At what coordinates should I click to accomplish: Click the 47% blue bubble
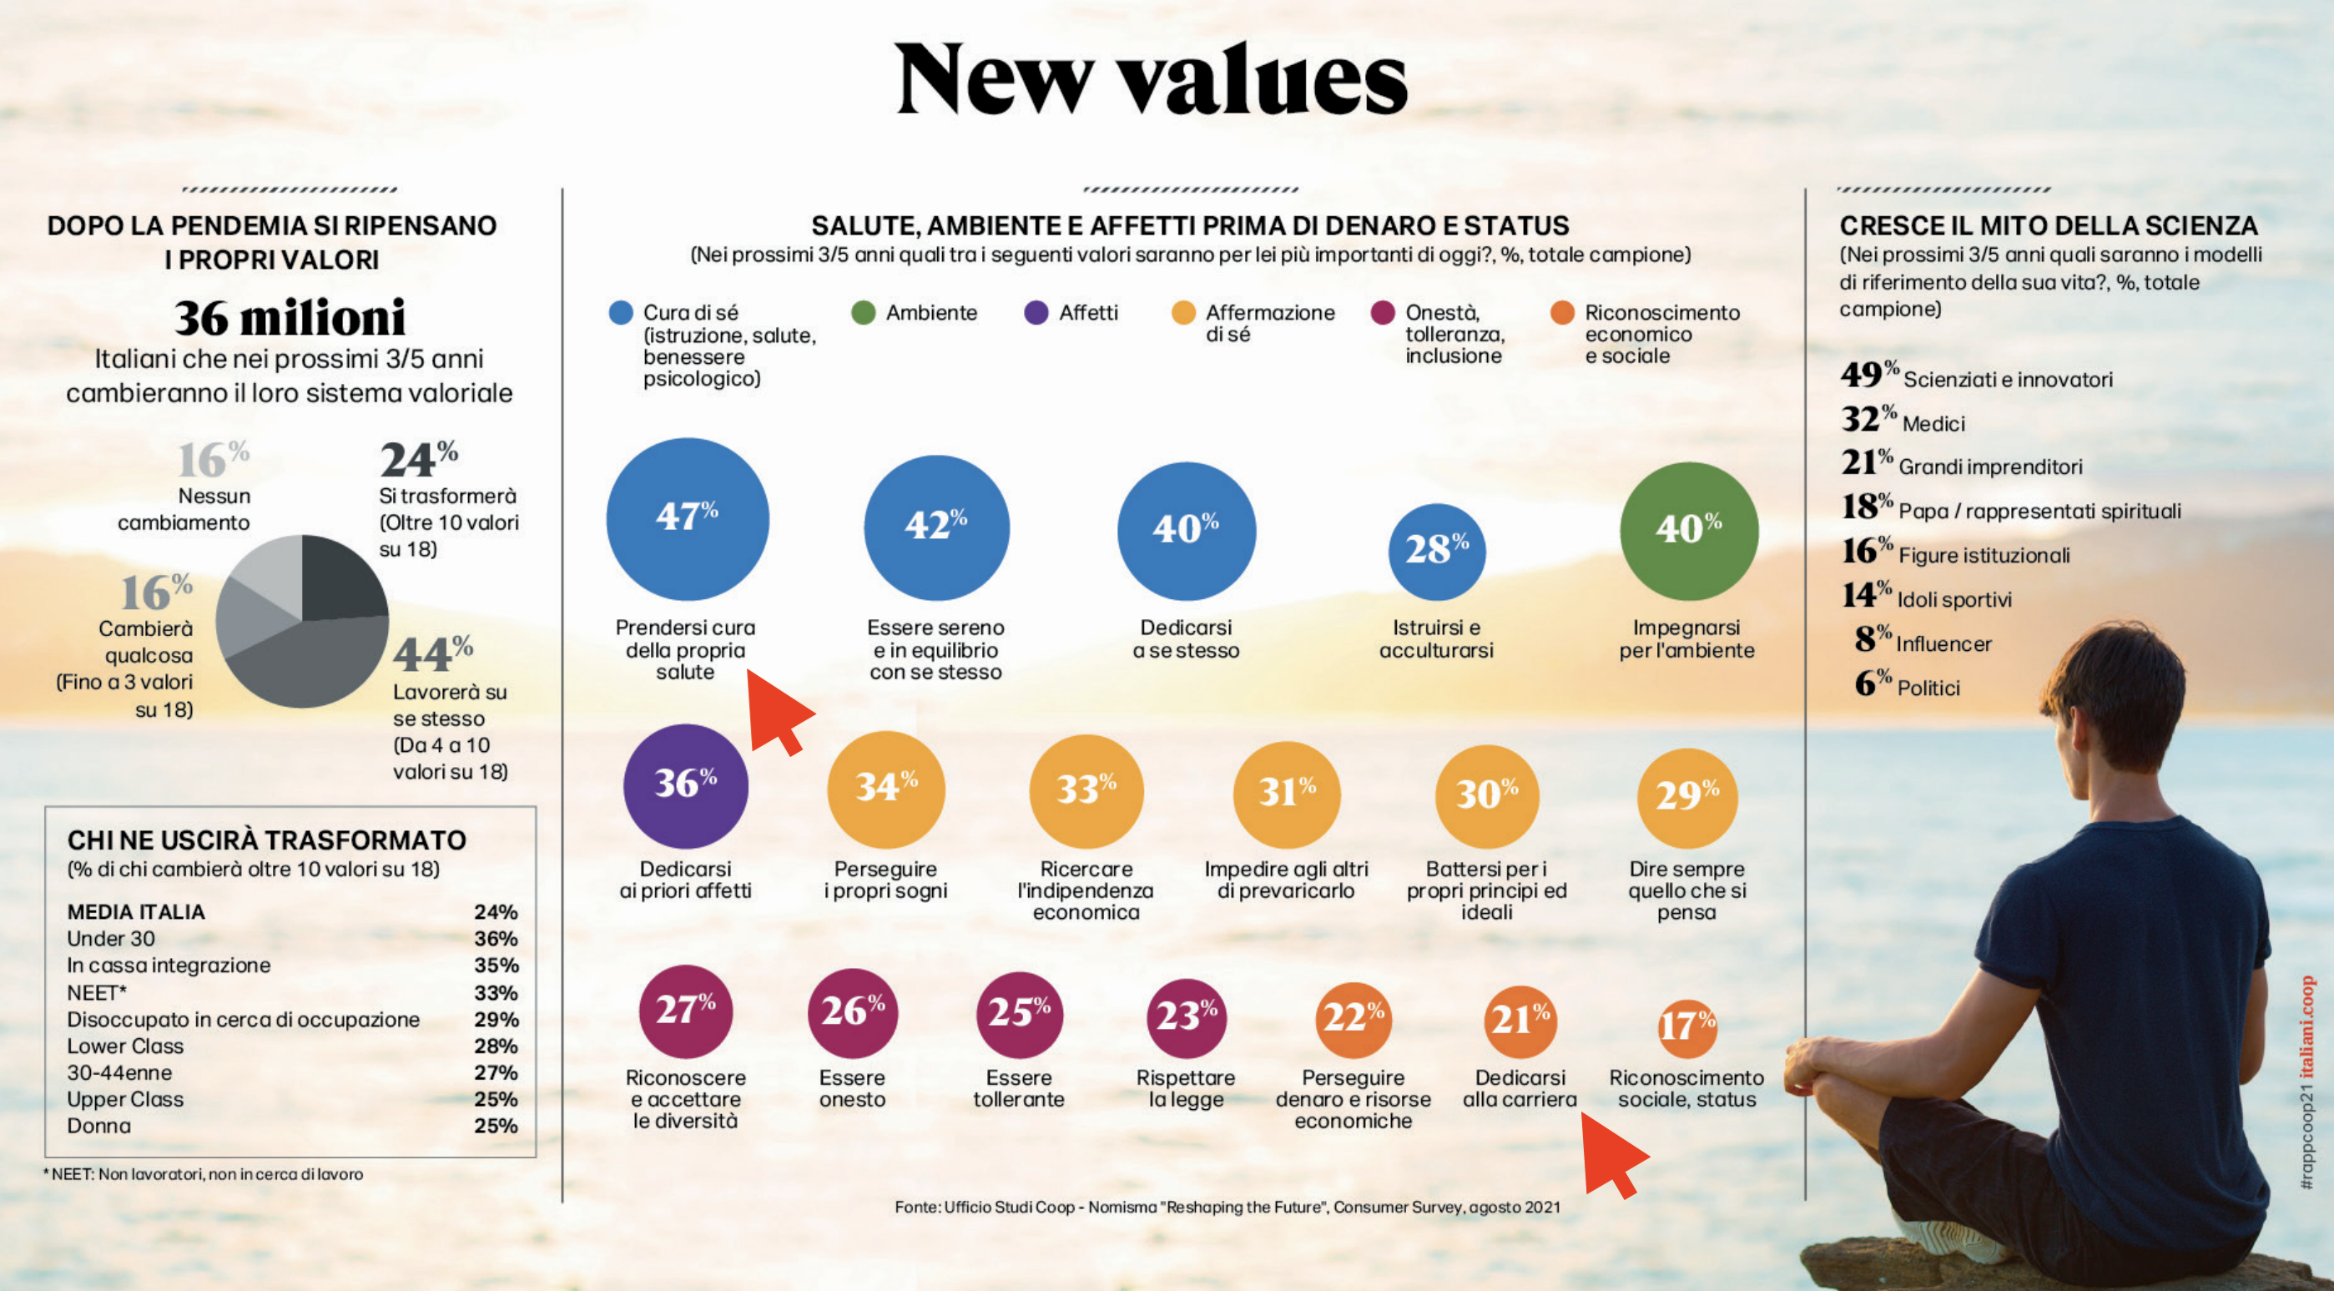(687, 518)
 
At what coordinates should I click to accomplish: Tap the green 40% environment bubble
(1688, 531)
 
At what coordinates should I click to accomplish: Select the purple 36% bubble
(685, 785)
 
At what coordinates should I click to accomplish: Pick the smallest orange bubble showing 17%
(1686, 1027)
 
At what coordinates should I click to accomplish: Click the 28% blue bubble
(1436, 551)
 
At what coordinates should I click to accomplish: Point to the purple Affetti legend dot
(1036, 313)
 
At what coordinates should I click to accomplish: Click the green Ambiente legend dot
(863, 313)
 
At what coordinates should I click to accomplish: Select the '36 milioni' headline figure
(289, 318)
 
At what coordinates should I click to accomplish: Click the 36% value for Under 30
(496, 939)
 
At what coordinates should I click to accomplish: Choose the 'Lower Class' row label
(125, 1046)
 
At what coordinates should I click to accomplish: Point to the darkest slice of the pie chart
(340, 580)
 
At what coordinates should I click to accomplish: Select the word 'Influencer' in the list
(1943, 644)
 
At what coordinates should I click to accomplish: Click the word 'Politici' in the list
(1928, 688)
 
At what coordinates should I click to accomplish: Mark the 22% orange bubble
(1353, 1018)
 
